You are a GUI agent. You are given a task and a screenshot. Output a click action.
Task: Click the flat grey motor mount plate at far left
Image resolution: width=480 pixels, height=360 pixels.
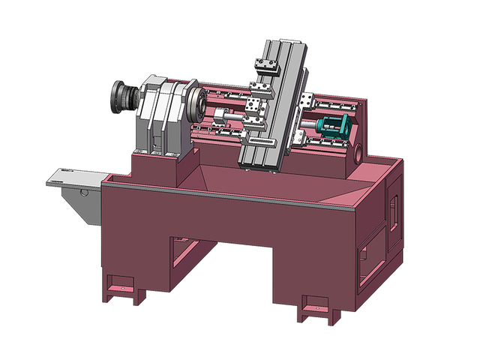(x=71, y=178)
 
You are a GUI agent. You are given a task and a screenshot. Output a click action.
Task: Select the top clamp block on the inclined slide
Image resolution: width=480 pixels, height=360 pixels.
(x=266, y=66)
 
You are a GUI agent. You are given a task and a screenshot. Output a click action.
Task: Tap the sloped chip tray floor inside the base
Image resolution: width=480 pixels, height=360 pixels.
(x=225, y=180)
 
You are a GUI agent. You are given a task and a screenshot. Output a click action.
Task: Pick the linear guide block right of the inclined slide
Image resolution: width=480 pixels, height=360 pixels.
(x=304, y=100)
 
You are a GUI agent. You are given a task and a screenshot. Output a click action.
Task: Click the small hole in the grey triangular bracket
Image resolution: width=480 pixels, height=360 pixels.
(x=84, y=192)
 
